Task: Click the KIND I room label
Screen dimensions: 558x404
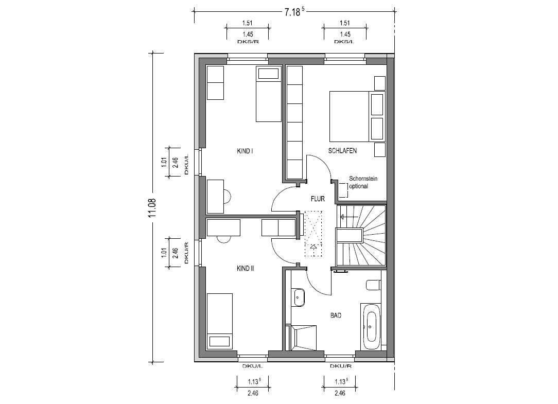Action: [x=245, y=151]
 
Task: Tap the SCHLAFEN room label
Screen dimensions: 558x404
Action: [x=342, y=151]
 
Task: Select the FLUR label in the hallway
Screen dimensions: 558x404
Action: [x=318, y=199]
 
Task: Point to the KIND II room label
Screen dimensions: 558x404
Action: [x=245, y=269]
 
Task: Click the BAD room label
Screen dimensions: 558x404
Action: [x=336, y=315]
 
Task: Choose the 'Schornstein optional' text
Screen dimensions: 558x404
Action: [x=363, y=182]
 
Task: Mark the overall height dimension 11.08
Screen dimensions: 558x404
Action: [x=153, y=208]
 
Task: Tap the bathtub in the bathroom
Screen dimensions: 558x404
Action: [x=371, y=327]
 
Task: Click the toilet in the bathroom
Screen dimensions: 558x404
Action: [x=373, y=285]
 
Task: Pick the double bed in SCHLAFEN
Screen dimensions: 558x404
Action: [x=357, y=116]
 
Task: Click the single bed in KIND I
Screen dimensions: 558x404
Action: [x=269, y=94]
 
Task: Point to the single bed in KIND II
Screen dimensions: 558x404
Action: [x=220, y=321]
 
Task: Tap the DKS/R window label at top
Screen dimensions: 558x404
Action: [x=247, y=42]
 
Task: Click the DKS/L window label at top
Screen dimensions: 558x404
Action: [x=344, y=42]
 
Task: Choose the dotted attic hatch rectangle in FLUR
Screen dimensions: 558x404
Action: [x=313, y=234]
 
